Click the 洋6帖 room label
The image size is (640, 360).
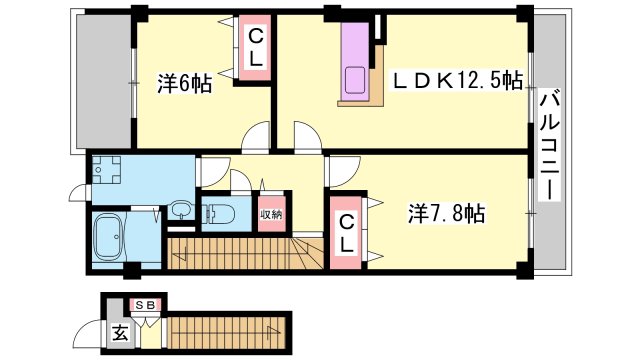pos(183,85)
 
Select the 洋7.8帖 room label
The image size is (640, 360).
pos(446,213)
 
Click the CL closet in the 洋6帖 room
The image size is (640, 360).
pos(256,48)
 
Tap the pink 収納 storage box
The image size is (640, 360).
pos(272,213)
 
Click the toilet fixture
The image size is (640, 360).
pos(220,213)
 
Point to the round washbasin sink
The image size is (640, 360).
pos(179,209)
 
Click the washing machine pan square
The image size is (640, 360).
pos(104,172)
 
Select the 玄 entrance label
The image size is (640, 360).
pos(119,334)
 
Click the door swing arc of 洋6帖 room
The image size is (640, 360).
pos(258,136)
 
